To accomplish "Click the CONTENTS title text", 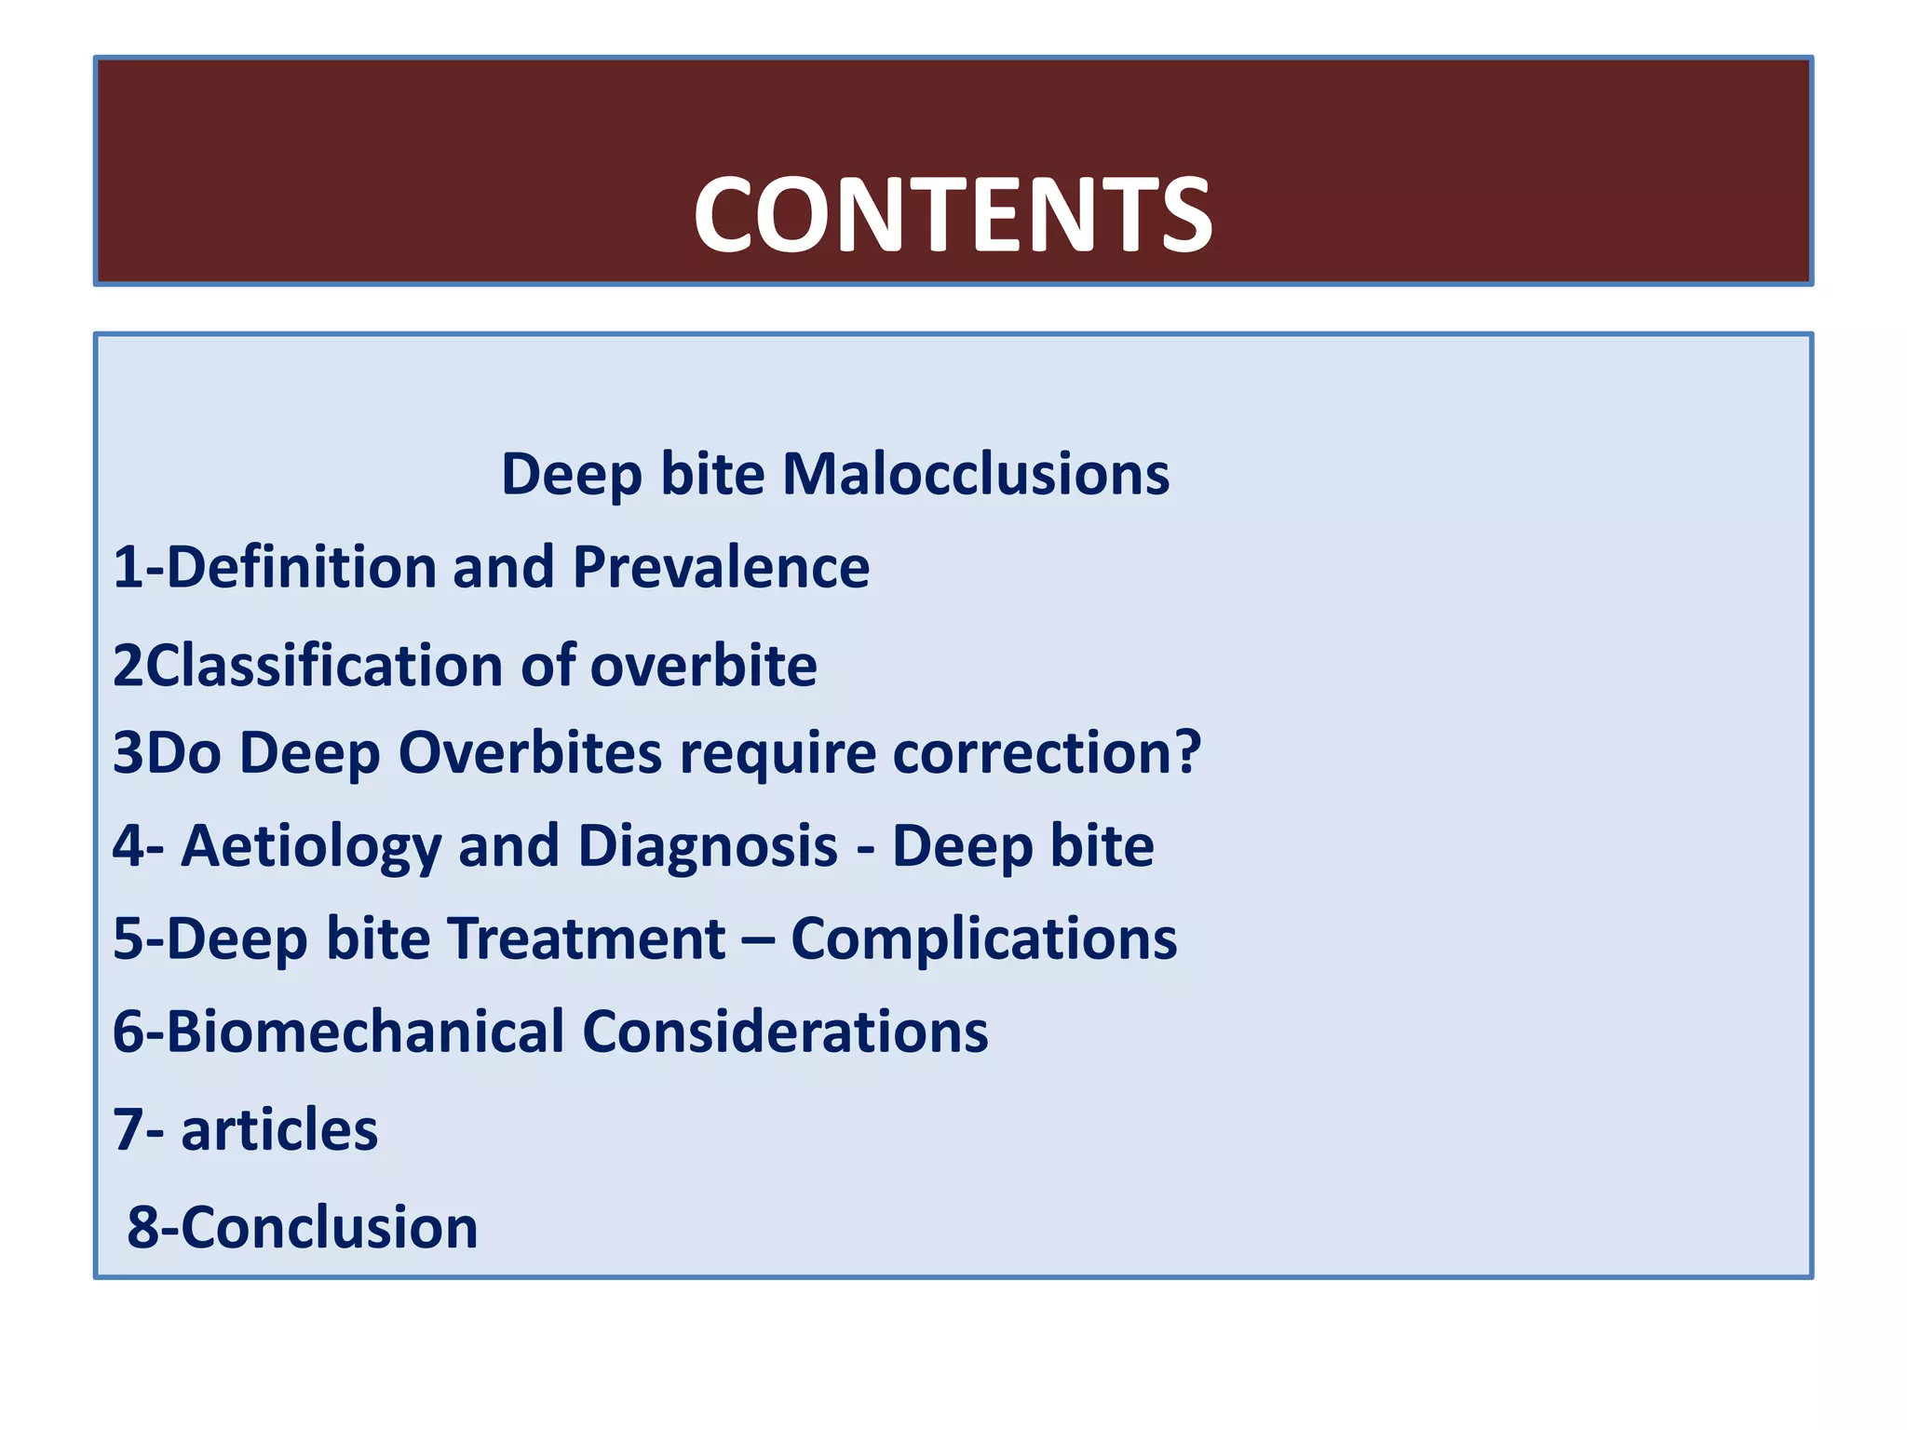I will click(953, 215).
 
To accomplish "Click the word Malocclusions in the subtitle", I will click(975, 475).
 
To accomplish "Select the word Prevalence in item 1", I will click(721, 567).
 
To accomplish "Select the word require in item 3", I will click(778, 754).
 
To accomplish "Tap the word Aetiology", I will click(310, 847).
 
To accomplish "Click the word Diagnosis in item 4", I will click(708, 847).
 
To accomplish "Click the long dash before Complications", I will click(758, 940).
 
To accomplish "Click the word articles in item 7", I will click(279, 1130).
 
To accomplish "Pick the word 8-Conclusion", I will click(303, 1227).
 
